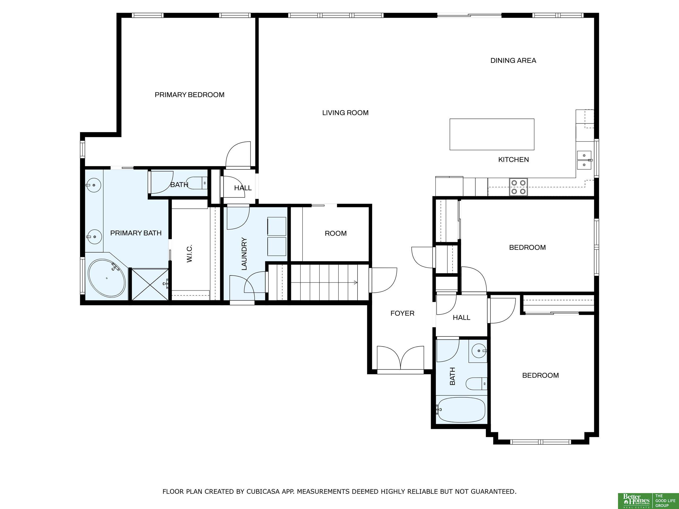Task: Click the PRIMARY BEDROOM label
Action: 189,95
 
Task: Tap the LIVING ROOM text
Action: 345,113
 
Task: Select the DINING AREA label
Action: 513,60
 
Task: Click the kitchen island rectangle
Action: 492,134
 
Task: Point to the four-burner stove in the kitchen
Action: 519,187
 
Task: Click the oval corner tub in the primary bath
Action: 107,278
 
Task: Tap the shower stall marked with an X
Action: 150,284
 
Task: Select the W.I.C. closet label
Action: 189,253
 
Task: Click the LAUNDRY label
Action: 244,254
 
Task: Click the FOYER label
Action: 402,313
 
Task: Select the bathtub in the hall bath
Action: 461,410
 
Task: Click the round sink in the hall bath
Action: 478,350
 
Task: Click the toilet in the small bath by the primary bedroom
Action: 197,183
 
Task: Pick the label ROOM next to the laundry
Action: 336,234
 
